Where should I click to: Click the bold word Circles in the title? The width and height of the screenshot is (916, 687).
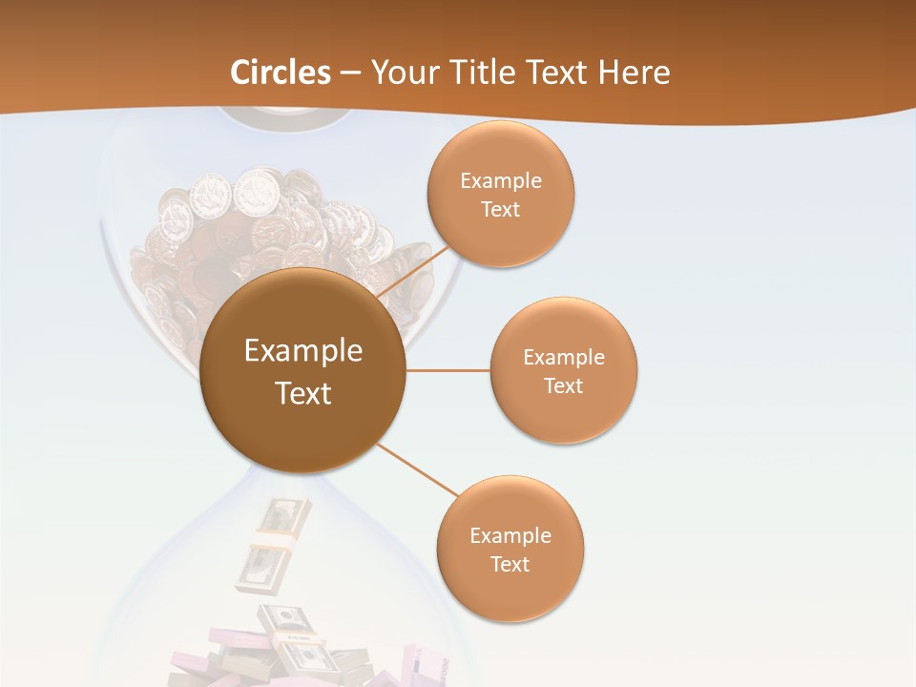(281, 73)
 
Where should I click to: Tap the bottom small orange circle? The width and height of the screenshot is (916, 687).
(510, 592)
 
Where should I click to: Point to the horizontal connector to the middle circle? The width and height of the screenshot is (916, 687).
(448, 370)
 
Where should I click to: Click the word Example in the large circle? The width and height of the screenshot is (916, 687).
(303, 351)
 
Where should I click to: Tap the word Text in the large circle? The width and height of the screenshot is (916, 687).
(303, 393)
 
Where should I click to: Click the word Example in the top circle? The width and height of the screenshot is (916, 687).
(501, 181)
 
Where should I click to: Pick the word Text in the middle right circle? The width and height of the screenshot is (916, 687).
(564, 385)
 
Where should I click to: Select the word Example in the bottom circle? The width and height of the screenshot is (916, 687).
(510, 536)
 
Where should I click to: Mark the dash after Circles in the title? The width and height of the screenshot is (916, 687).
(349, 73)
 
